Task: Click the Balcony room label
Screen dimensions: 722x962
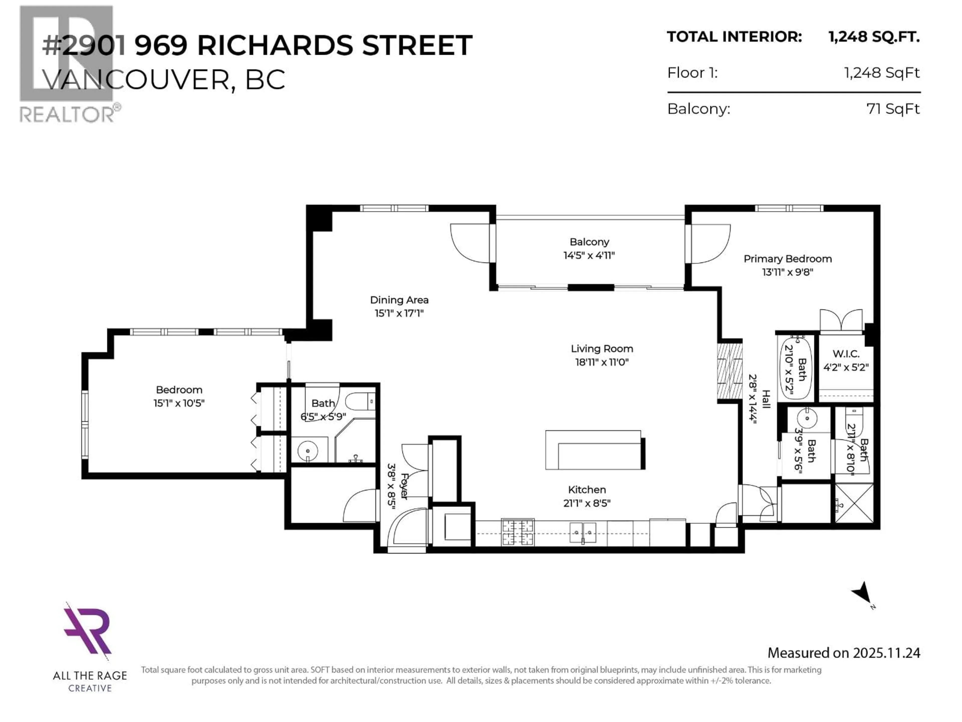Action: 589,241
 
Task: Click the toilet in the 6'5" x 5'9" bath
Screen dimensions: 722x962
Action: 360,401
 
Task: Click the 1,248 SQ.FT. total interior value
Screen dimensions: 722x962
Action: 874,37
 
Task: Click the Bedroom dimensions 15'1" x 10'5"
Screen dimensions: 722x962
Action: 179,403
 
